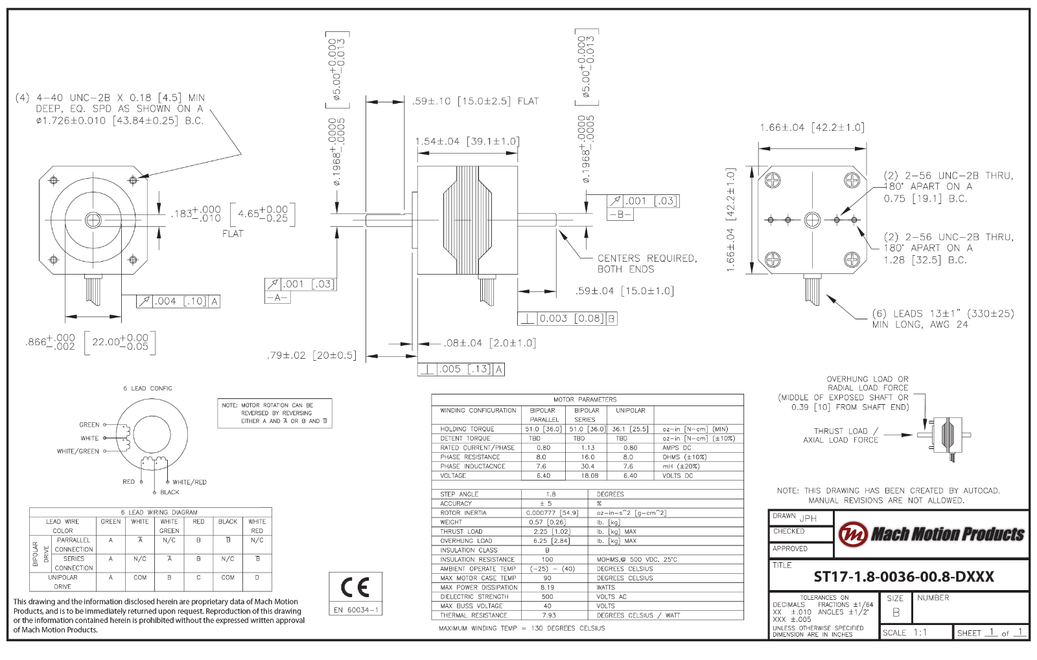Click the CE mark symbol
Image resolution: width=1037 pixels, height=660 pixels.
coord(355,587)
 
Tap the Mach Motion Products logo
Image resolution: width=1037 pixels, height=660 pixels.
coord(931,534)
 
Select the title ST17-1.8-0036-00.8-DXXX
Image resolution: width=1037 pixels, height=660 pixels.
coord(903,577)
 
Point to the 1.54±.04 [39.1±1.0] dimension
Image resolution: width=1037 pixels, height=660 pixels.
coord(467,141)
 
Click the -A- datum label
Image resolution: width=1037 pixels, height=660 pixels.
coord(277,297)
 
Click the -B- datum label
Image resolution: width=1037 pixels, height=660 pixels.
coord(620,214)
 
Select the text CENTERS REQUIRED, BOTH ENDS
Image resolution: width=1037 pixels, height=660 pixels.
coord(647,264)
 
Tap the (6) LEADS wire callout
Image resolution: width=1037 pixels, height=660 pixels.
coord(942,319)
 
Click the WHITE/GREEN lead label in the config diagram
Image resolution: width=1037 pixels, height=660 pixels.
coord(78,451)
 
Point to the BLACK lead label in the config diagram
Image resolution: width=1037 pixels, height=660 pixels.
coord(169,492)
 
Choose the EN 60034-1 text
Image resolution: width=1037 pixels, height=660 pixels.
coord(355,610)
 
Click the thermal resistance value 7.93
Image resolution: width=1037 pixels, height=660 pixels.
coord(548,615)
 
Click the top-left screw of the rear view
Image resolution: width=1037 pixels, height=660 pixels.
coord(773,180)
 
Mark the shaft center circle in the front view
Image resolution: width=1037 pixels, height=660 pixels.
coord(93,220)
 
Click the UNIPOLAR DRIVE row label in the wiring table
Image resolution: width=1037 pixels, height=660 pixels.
coord(63,582)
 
